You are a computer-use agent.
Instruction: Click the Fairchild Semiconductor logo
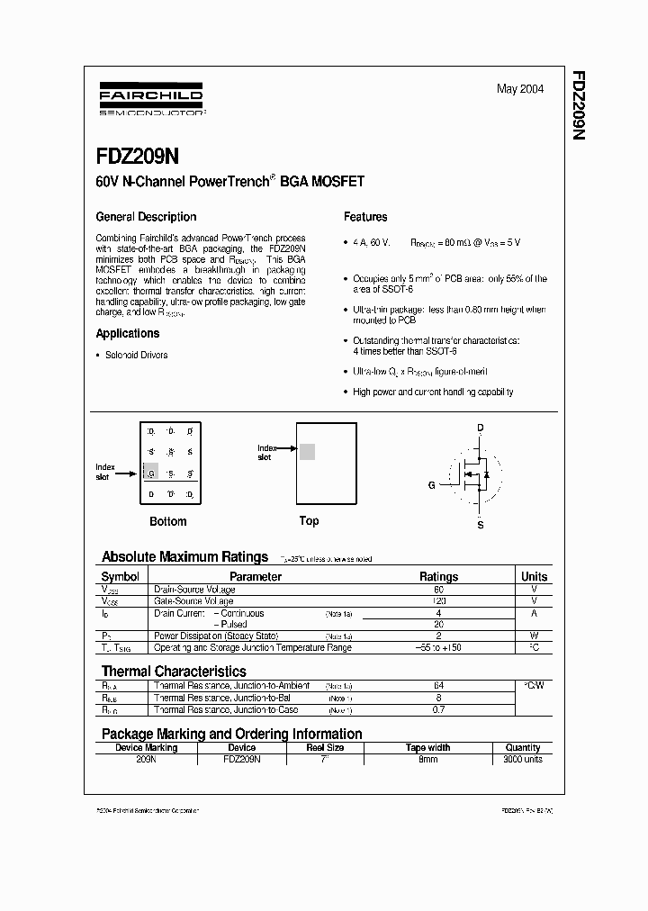pos(151,100)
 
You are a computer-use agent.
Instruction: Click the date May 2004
pos(520,89)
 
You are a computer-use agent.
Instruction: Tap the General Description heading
pos(146,217)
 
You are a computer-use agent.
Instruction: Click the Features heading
pos(365,217)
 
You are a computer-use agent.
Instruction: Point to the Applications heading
pos(128,334)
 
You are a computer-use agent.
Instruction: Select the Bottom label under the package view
pos(167,521)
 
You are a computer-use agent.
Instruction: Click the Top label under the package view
pos(309,520)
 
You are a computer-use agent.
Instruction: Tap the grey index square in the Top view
pos(307,452)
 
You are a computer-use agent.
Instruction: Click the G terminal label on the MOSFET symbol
pos(432,484)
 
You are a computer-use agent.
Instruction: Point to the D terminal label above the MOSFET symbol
pos(481,428)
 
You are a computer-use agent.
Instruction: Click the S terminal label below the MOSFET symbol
pos(481,524)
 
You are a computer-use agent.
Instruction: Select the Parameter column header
pos(256,576)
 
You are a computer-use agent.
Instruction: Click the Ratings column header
pos(438,576)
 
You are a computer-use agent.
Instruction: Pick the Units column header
pos(534,576)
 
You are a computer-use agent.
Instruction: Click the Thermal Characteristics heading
pos(174,672)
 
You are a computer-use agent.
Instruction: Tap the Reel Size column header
pos(325,747)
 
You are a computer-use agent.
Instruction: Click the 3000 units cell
pos(523,759)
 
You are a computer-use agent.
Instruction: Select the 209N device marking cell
pos(146,759)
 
